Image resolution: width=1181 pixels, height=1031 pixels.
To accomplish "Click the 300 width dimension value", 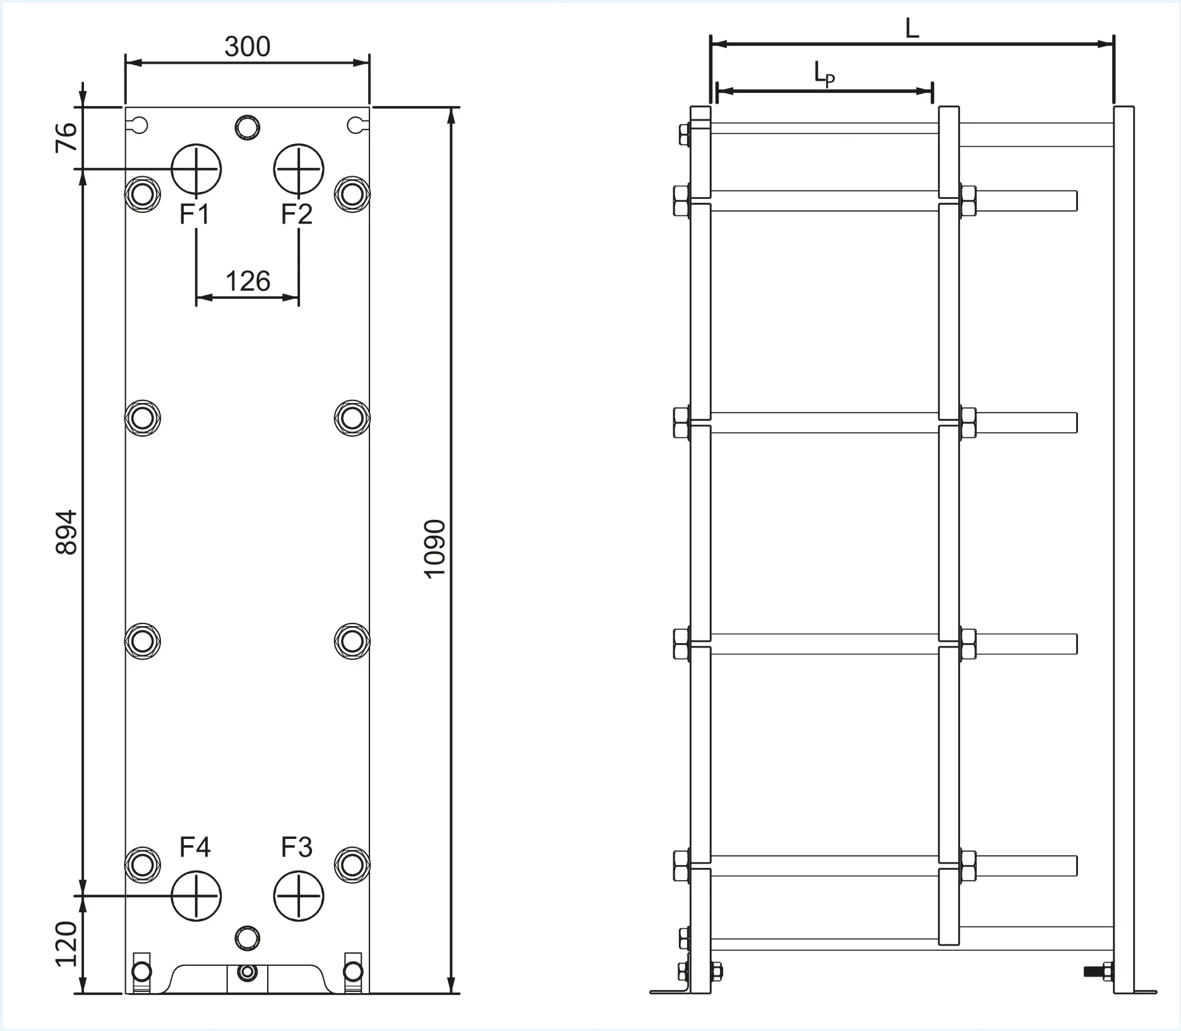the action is point(248,47).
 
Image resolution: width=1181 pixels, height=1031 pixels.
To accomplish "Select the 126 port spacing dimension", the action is point(248,281).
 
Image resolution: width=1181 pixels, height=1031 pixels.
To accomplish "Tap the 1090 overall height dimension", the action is point(435,549).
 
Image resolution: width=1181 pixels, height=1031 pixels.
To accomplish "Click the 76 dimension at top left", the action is point(66,137).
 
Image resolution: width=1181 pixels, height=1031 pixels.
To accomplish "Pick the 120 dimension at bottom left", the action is point(66,944).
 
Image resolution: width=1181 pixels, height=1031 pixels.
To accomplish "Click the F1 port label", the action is point(195,215).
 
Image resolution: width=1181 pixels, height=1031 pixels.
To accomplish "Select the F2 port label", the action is point(297,215).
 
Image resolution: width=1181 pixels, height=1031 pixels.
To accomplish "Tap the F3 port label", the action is point(297,847).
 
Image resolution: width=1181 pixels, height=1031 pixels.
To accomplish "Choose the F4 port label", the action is point(195,847).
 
